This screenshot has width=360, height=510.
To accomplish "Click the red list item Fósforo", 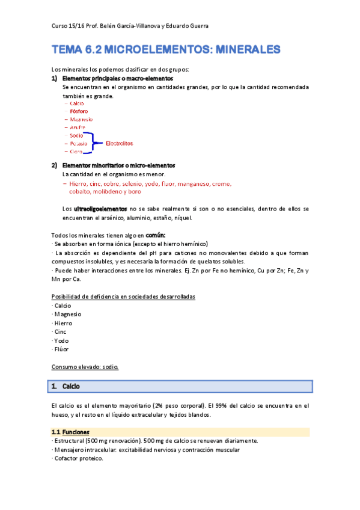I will pos(79,111).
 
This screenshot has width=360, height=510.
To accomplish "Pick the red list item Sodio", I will pos(76,135).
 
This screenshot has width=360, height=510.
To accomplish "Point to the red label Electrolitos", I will pos(119,144).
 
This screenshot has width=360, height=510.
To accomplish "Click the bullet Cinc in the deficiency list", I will pos(60,331).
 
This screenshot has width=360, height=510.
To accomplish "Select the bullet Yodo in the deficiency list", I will pos(61,340).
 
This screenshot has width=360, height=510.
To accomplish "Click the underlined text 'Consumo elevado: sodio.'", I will pos(85,366).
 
